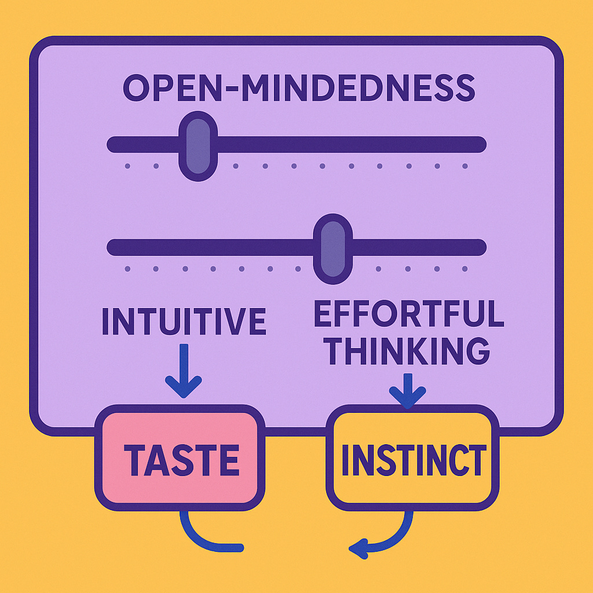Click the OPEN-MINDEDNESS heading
pos(299,89)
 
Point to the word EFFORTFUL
pos(408,314)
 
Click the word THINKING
pos(408,350)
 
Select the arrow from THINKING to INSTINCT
pos(408,390)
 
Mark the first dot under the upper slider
pos(127,166)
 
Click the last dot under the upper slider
pos(465,166)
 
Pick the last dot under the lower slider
pos(465,269)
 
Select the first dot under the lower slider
pos(127,269)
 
